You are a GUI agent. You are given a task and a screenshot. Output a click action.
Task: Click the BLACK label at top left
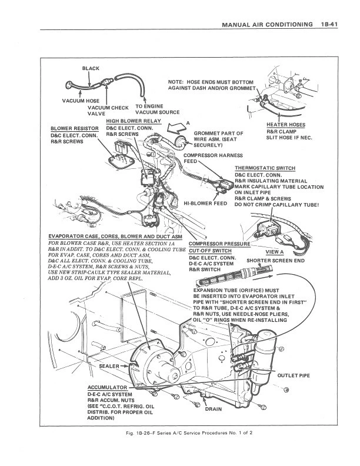pos(91,69)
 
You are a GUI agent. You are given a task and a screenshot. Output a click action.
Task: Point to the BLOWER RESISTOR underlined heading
pos(74,128)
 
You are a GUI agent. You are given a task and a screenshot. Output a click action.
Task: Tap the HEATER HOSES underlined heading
pos(285,125)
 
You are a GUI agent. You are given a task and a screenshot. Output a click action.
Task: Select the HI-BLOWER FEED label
pos(205,203)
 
